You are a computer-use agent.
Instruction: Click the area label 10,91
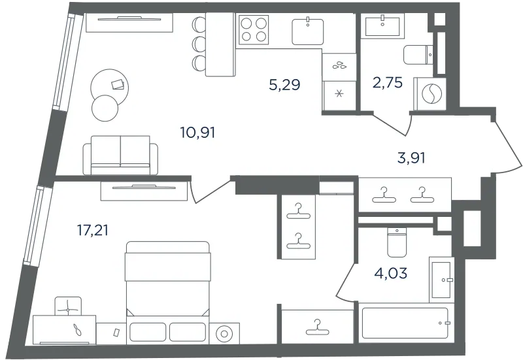[197, 133]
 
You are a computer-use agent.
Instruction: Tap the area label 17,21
[93, 230]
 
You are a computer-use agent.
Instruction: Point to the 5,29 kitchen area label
[284, 85]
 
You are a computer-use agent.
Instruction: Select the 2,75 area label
[388, 82]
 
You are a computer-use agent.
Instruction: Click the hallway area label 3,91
[412, 157]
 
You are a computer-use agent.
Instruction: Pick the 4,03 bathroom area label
[390, 273]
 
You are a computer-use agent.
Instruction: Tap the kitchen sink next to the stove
[307, 31]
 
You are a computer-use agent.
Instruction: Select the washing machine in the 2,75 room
[430, 93]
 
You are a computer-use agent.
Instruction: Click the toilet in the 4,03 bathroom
[397, 242]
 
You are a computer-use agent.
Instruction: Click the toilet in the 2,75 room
[418, 55]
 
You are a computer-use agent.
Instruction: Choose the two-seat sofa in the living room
[120, 155]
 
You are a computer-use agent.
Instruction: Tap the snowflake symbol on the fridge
[339, 94]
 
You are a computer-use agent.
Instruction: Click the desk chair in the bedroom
[68, 306]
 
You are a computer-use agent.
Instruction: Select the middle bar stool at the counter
[199, 43]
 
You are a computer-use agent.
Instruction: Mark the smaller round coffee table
[105, 108]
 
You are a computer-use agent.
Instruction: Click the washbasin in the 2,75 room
[382, 25]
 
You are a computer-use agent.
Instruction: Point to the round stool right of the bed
[224, 333]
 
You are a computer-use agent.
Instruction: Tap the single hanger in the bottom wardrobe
[318, 328]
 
